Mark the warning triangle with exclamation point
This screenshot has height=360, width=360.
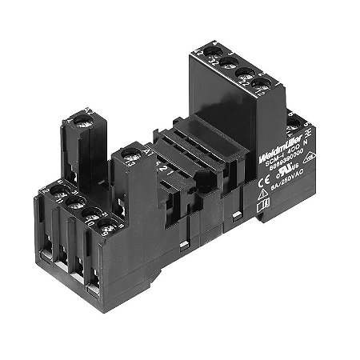click(263, 197)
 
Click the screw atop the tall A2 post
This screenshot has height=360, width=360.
click(82, 119)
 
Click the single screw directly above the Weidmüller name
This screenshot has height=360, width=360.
click(295, 122)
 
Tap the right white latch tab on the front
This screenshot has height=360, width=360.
click(237, 217)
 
